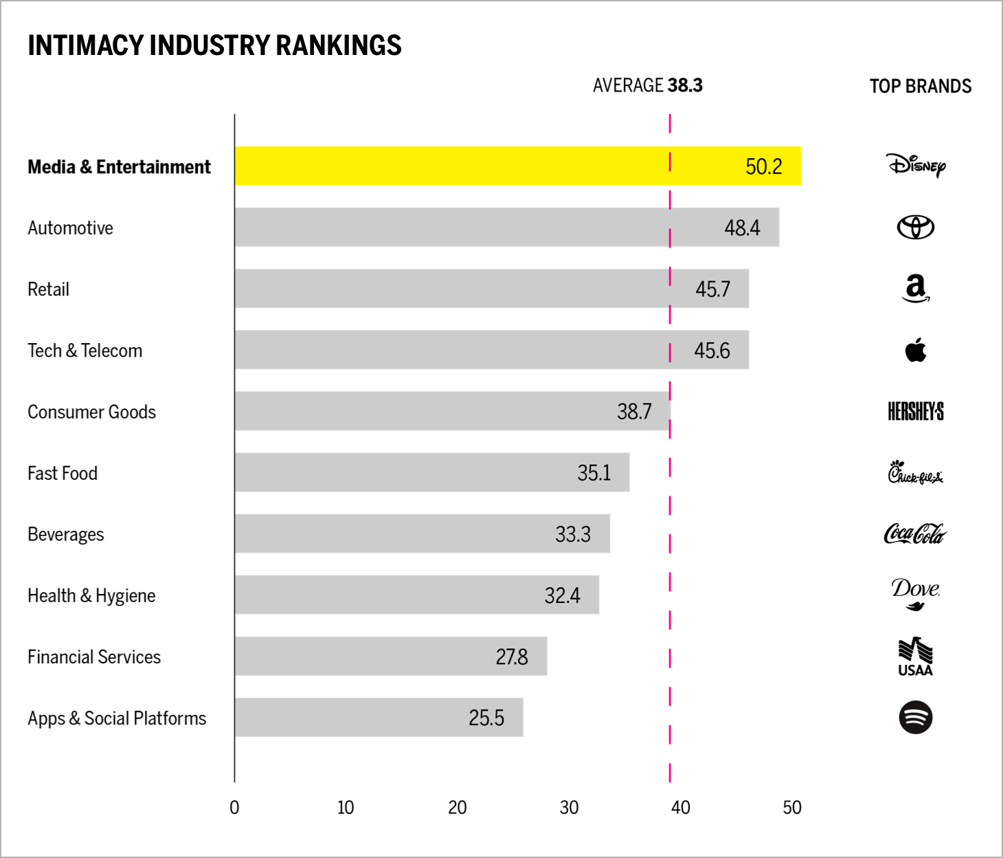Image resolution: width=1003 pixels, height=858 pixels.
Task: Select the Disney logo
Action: tap(916, 165)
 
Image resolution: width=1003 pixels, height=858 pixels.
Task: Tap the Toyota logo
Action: tap(916, 227)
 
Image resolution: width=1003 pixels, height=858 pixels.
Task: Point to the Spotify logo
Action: tap(916, 717)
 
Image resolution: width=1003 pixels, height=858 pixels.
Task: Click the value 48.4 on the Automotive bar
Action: tap(742, 228)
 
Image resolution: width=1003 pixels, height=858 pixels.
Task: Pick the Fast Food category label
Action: tap(63, 473)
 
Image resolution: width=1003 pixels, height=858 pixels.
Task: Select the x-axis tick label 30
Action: tap(569, 807)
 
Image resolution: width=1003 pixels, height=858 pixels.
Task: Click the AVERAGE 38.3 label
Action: tap(647, 85)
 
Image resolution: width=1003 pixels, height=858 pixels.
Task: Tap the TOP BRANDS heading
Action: tap(920, 86)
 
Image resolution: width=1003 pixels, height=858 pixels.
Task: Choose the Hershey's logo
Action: tap(916, 411)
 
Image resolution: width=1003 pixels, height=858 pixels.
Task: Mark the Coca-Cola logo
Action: tap(915, 533)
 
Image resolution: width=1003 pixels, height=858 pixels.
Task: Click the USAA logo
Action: tap(915, 657)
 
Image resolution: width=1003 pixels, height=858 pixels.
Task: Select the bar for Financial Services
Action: tap(390, 656)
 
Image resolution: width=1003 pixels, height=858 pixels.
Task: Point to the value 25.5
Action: tap(486, 718)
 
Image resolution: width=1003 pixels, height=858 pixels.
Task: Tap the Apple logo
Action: tap(916, 350)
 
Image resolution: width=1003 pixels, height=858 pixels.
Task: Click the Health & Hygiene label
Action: tap(91, 595)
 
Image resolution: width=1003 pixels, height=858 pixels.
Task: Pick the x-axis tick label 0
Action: tap(234, 807)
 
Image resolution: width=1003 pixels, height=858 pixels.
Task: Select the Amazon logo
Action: tap(916, 289)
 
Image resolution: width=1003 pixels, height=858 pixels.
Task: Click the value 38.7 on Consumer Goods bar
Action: tap(634, 411)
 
